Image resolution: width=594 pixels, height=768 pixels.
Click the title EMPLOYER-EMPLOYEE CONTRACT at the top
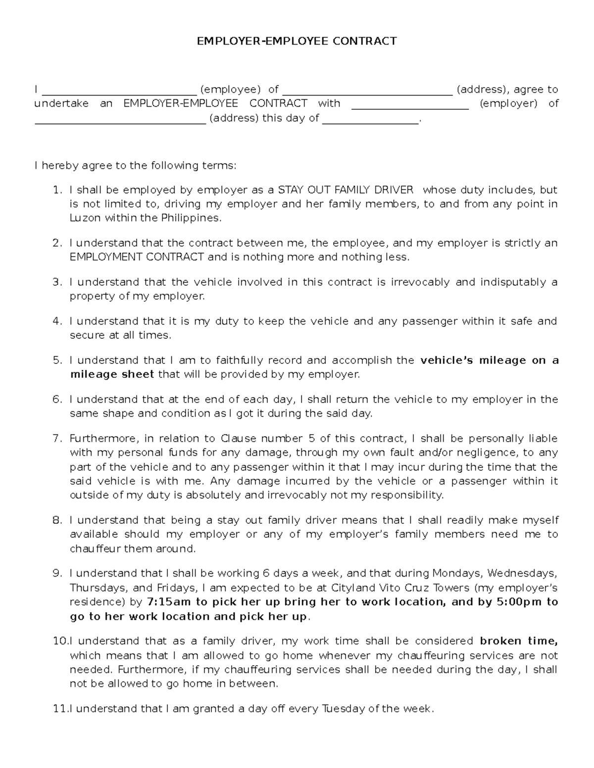pyautogui.click(x=297, y=41)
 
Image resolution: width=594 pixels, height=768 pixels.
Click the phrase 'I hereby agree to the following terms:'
pyautogui.click(x=135, y=165)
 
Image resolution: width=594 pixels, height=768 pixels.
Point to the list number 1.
pyautogui.click(x=57, y=190)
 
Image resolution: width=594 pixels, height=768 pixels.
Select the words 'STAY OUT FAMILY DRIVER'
pyautogui.click(x=345, y=190)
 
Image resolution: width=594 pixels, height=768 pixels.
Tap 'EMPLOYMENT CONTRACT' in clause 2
pyautogui.click(x=137, y=257)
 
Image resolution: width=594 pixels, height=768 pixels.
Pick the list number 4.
pyautogui.click(x=57, y=321)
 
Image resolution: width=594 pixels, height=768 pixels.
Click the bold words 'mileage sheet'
pyautogui.click(x=112, y=374)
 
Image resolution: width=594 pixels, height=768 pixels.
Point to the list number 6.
pyautogui.click(x=57, y=400)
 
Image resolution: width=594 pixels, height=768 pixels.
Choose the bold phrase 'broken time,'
pyautogui.click(x=519, y=641)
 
